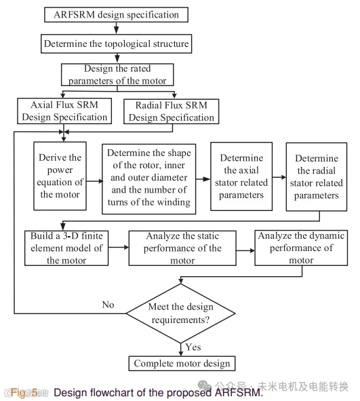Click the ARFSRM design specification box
coord(116,14)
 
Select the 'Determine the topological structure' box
coord(116,43)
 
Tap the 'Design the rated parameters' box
coord(117,75)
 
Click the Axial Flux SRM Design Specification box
coord(64,111)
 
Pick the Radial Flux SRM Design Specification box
coord(171,111)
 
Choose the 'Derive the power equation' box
coord(60,176)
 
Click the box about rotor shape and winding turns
coord(149,178)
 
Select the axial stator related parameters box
coord(241,176)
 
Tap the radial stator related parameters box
coord(317,176)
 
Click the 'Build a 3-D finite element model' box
coord(66,248)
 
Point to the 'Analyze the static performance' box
coord(182,248)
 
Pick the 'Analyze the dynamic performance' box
coord(301,248)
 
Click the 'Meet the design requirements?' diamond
coord(181,313)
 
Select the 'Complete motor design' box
coord(182,364)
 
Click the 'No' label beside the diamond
coord(108,305)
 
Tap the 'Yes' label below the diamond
coord(193,347)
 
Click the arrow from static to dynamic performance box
coord(245,250)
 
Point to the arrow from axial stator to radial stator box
coord(279,177)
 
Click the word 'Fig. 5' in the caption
coord(24,392)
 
